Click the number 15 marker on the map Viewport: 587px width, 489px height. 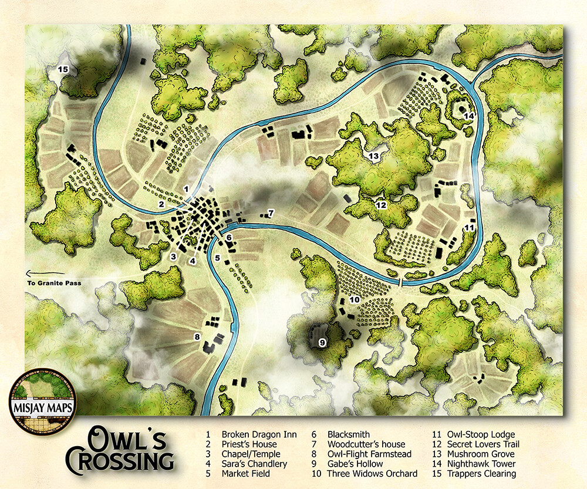coord(63,70)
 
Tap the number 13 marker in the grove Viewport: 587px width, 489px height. coord(374,156)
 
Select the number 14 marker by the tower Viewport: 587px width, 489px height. coord(468,116)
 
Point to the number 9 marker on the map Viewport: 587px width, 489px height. coord(322,343)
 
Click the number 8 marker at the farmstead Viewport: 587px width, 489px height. coord(198,337)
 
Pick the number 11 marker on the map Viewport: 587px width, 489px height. coord(469,227)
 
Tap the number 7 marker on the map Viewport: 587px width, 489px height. coord(271,212)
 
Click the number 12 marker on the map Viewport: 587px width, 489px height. coord(381,205)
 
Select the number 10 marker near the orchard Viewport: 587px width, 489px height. coord(354,300)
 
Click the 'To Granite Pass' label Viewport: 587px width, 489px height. coord(54,284)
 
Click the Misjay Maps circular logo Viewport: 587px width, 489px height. coord(37,402)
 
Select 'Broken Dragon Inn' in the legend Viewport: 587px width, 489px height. coord(259,435)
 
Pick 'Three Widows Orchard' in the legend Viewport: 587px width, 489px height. coord(372,474)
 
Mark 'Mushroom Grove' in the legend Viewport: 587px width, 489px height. coord(481,454)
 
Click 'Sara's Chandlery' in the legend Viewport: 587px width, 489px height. coord(254,464)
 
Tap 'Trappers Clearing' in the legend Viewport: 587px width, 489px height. coord(482,474)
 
